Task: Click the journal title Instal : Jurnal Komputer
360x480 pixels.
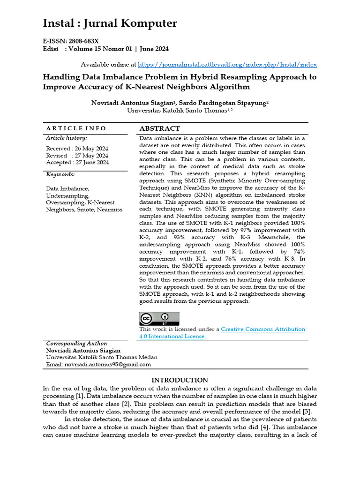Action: coord(110,23)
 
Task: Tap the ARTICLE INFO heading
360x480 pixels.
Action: coord(76,128)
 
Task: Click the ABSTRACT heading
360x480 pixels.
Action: coord(159,128)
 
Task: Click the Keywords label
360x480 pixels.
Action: coord(60,174)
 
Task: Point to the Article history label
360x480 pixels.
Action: coord(66,138)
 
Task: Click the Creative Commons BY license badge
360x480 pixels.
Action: coord(159,318)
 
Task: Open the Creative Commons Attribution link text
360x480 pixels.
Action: coord(262,330)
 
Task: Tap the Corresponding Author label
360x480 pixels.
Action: coord(76,344)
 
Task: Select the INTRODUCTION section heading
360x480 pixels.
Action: coord(180,380)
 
